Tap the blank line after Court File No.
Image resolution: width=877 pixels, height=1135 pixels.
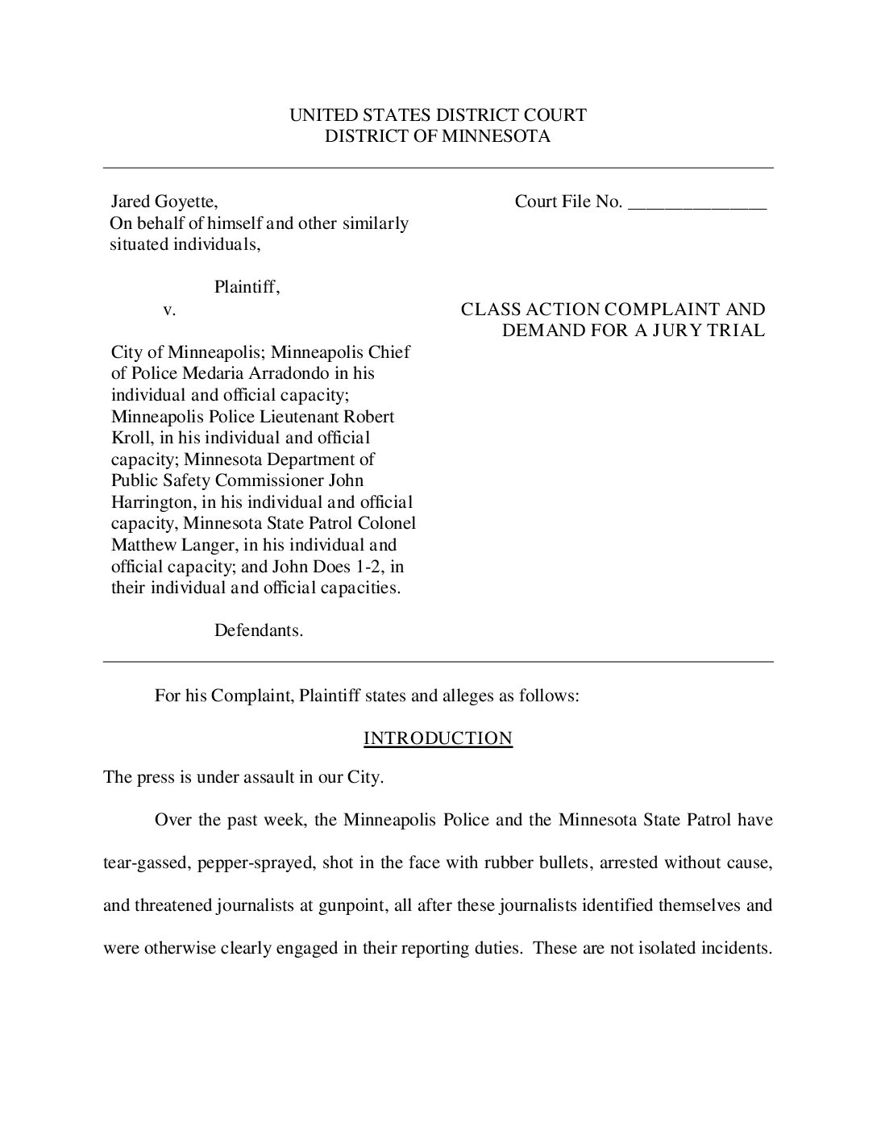pyautogui.click(x=696, y=203)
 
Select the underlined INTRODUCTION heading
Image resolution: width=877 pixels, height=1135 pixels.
pyautogui.click(x=438, y=738)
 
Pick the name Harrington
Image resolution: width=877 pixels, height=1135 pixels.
pyautogui.click(x=152, y=502)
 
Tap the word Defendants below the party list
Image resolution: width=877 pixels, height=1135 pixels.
pyautogui.click(x=258, y=630)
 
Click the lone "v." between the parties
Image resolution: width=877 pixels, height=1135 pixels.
pyautogui.click(x=169, y=310)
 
